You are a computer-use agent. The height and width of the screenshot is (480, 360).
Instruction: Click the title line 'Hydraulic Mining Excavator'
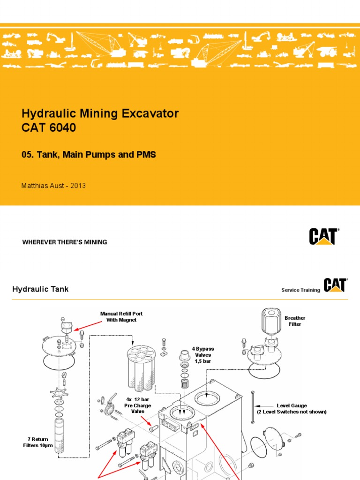[x=100, y=113]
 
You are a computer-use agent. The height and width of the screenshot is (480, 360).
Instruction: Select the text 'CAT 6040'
[x=49, y=127]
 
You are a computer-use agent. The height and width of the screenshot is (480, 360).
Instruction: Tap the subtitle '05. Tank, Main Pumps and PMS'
[x=89, y=155]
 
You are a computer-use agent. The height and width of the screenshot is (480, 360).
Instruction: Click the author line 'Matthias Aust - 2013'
[x=54, y=186]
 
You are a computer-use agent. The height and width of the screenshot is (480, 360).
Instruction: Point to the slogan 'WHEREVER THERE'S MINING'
[x=65, y=242]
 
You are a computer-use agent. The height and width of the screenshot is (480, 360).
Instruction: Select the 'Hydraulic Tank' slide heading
[x=40, y=289]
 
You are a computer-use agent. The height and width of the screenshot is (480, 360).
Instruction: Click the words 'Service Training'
[x=300, y=290]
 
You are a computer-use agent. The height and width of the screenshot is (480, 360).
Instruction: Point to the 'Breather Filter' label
[x=295, y=321]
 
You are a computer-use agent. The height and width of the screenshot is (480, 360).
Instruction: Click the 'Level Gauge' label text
[x=292, y=405]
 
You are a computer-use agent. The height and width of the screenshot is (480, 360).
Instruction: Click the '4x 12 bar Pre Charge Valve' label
[x=137, y=405]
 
